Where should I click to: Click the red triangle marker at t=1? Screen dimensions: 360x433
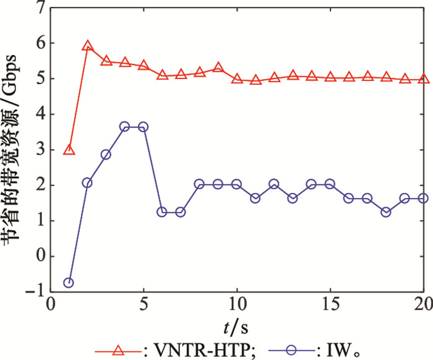tap(69, 150)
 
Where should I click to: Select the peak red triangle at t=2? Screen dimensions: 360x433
tap(87, 46)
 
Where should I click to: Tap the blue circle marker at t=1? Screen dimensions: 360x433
tap(69, 283)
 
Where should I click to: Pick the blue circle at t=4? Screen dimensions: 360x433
tap(124, 126)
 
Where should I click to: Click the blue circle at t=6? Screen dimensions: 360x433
tap(162, 212)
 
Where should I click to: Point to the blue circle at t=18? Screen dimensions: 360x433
tap(386, 212)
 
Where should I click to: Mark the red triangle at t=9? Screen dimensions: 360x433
tap(218, 67)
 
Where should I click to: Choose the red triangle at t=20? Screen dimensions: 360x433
tap(424, 79)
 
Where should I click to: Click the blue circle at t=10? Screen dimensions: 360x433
tap(236, 184)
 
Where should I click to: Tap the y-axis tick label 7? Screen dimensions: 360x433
tap(41, 8)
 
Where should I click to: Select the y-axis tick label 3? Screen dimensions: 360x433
tap(41, 150)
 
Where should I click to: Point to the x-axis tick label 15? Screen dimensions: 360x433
tap(330, 307)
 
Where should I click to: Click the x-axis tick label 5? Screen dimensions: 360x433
tap(144, 307)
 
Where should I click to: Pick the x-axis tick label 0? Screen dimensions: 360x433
tap(51, 307)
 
